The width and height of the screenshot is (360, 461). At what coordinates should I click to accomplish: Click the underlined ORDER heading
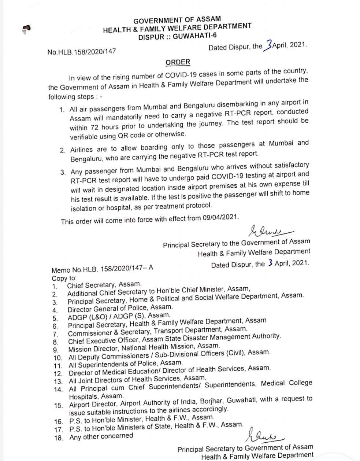point(178,62)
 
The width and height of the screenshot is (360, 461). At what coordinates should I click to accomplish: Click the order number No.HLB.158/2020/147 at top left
point(81,52)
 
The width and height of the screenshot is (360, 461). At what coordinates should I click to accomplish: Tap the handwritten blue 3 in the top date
point(269,45)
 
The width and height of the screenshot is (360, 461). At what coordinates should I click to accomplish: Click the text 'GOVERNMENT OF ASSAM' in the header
point(177,21)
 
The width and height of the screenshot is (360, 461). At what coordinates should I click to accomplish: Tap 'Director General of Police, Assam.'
point(120,308)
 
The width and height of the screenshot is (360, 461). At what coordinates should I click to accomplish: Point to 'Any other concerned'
point(101,436)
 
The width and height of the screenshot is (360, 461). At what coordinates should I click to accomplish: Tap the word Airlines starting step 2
point(83,150)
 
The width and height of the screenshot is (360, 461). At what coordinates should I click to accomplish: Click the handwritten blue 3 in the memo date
point(270,263)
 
